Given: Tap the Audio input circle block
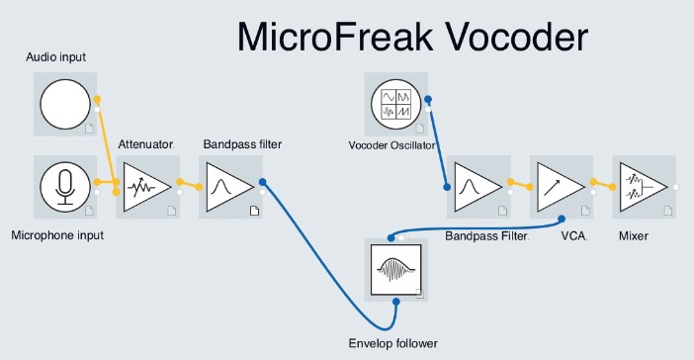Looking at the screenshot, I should pos(64,104).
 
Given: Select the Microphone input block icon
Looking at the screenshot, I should pos(64,185).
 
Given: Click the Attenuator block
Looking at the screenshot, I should pos(146,185).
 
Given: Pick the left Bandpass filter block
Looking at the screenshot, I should pos(229,185).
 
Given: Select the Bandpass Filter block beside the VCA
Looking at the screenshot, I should pos(477,185).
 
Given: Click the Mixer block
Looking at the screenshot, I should pos(643,185).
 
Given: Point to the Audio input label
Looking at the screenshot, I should pos(55,57).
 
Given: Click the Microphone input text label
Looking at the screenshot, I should pos(56,235).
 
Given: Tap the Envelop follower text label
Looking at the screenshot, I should pos(392,343).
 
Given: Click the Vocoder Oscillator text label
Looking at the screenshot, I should pos(392,146).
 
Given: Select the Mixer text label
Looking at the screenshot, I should pos(633,236).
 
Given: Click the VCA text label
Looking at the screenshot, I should pos(574,236).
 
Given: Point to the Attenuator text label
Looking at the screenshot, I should pos(145,144).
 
